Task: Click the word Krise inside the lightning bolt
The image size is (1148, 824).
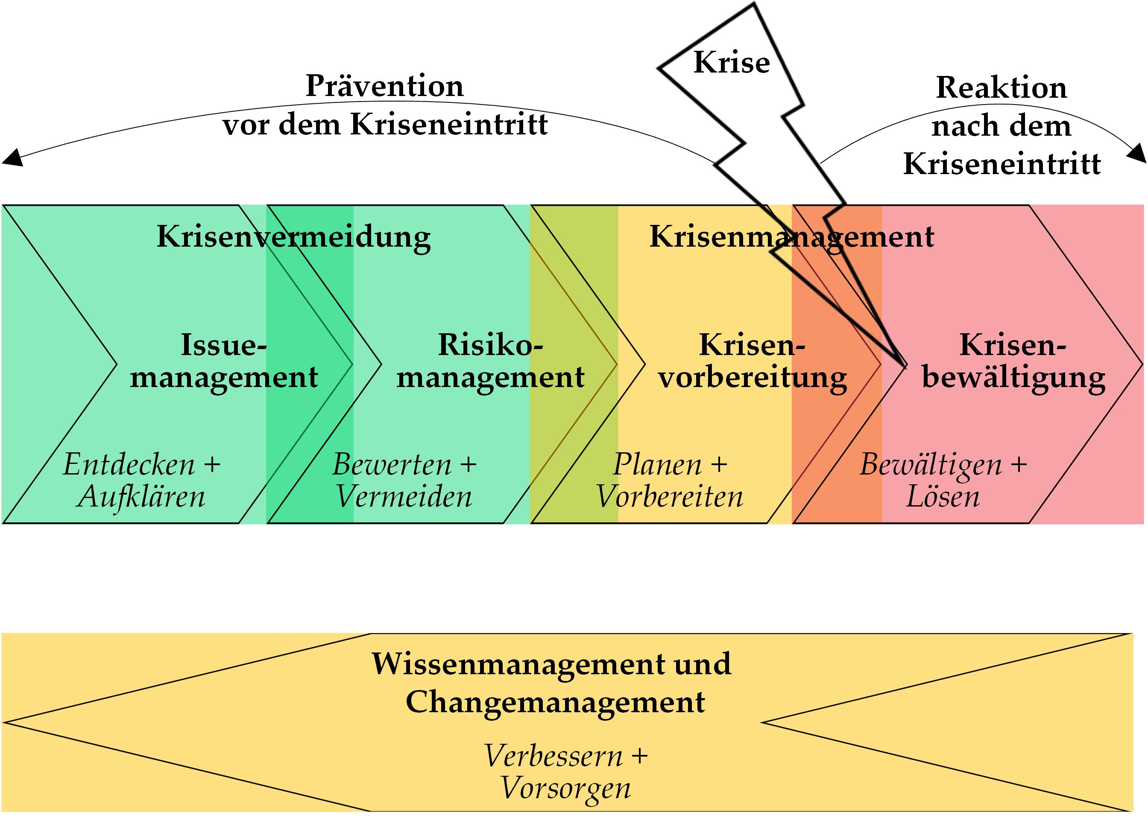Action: pyautogui.click(x=732, y=62)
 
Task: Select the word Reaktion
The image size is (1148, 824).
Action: pyautogui.click(x=1001, y=87)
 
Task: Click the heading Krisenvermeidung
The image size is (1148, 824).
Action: pyautogui.click(x=293, y=237)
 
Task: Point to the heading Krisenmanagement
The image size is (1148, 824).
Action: pyautogui.click(x=792, y=237)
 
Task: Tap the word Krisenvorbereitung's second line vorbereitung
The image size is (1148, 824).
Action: pyautogui.click(x=753, y=378)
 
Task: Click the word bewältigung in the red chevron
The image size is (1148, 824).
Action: pyautogui.click(x=1013, y=378)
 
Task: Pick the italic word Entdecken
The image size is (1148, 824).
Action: pyautogui.click(x=129, y=464)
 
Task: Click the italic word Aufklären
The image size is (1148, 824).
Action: pyautogui.click(x=141, y=496)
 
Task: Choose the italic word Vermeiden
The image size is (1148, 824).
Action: pyautogui.click(x=404, y=496)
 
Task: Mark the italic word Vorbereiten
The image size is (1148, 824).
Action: pyautogui.click(x=670, y=496)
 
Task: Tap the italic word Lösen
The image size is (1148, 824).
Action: pyautogui.click(x=943, y=496)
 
